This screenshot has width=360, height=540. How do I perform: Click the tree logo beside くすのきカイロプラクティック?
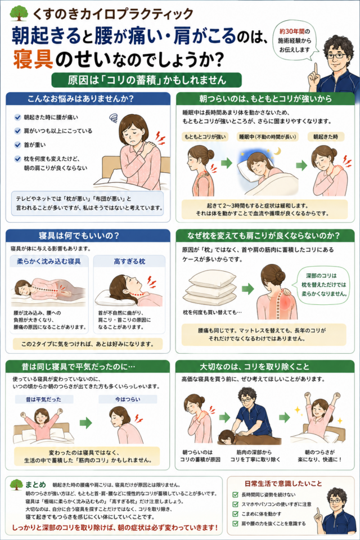pyautogui.click(x=19, y=13)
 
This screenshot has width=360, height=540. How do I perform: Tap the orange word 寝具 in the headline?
pyautogui.click(x=33, y=59)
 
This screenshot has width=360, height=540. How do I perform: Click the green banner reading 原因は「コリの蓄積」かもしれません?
pyautogui.click(x=146, y=80)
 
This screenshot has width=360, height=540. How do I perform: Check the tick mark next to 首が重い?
pyautogui.click(x=17, y=145)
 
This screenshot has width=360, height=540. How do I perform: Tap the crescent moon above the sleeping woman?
pyautogui.click(x=277, y=151)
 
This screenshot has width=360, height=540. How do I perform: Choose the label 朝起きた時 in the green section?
pyautogui.click(x=326, y=137)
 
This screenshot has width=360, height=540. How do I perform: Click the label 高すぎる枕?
pyautogui.click(x=129, y=262)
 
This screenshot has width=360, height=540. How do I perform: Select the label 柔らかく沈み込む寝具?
pyautogui.click(x=49, y=262)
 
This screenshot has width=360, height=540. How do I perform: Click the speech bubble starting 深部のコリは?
pyautogui.click(x=324, y=285)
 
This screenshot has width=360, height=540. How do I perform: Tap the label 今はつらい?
pyautogui.click(x=128, y=399)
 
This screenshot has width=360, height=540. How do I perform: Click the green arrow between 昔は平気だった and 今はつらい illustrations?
pyautogui.click(x=85, y=422)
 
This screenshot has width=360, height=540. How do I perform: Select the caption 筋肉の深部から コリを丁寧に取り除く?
pyautogui.click(x=255, y=456)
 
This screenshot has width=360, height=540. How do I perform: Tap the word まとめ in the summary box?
pyautogui.click(x=35, y=484)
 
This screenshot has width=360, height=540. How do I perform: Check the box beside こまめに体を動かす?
pyautogui.click(x=236, y=514)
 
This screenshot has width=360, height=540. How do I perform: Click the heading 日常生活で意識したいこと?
pyautogui.click(x=283, y=484)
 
